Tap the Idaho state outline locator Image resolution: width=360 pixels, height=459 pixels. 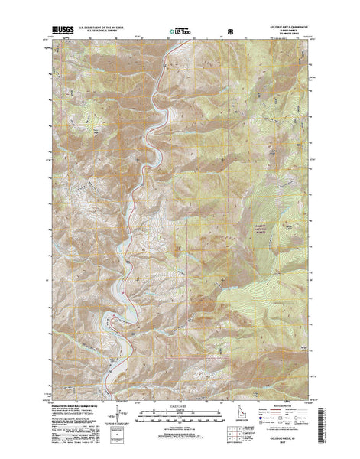(240, 417)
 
